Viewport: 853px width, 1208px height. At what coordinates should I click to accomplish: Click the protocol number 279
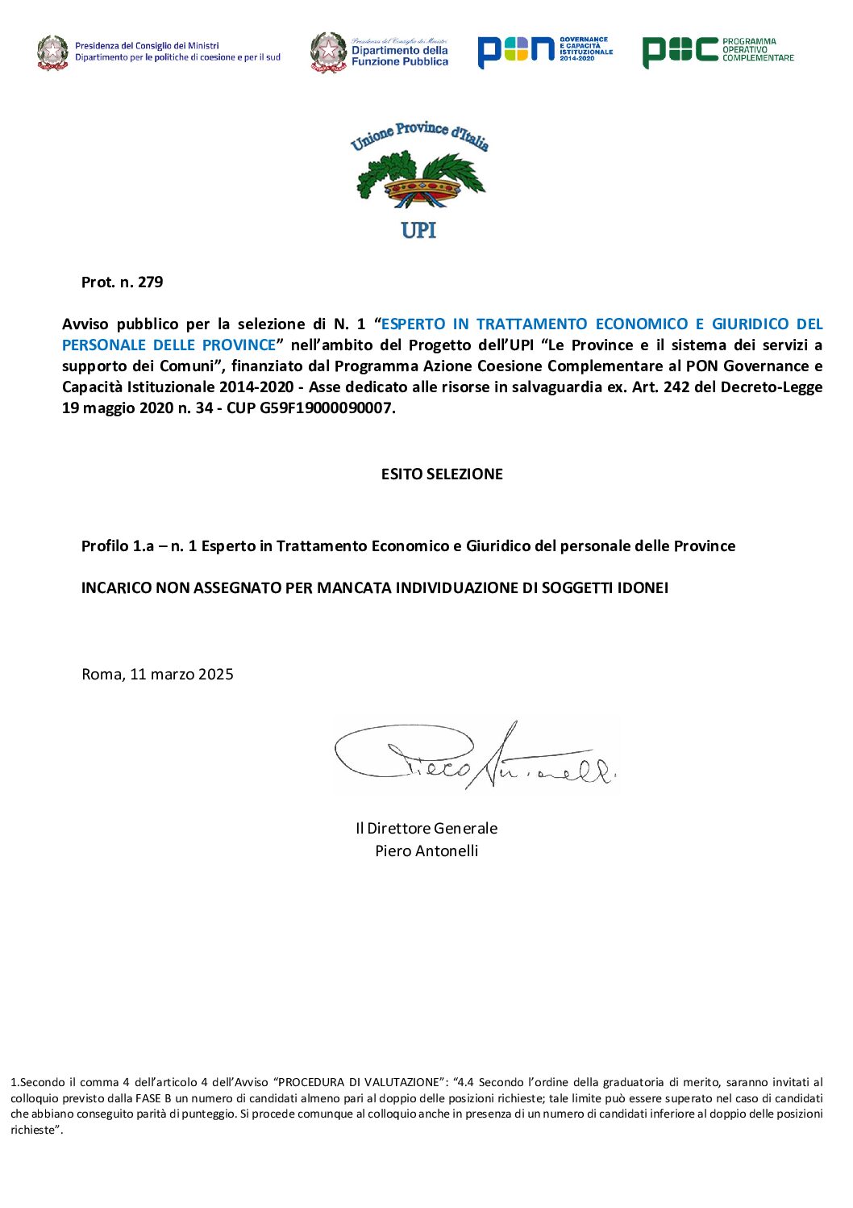(150, 282)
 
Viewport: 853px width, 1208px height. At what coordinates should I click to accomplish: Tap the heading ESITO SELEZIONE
(442, 474)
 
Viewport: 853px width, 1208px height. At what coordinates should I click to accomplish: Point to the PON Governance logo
(544, 51)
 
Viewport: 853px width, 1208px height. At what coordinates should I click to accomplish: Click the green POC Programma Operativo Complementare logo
(718, 51)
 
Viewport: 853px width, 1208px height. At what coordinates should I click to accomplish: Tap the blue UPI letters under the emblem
(418, 230)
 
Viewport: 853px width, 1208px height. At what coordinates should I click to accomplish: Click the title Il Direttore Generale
(426, 829)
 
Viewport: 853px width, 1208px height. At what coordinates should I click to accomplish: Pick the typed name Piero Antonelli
(426, 851)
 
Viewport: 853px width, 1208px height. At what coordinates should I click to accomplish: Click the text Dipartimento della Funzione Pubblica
(399, 56)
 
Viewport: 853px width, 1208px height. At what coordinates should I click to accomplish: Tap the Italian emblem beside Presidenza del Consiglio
(53, 52)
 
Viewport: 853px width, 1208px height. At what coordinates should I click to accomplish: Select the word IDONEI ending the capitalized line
(643, 588)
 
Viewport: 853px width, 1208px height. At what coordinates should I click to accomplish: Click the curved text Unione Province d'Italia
(419, 136)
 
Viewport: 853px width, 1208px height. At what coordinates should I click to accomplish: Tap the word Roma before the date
(101, 675)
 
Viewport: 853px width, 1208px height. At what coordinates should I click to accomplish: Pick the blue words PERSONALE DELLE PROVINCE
(169, 345)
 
